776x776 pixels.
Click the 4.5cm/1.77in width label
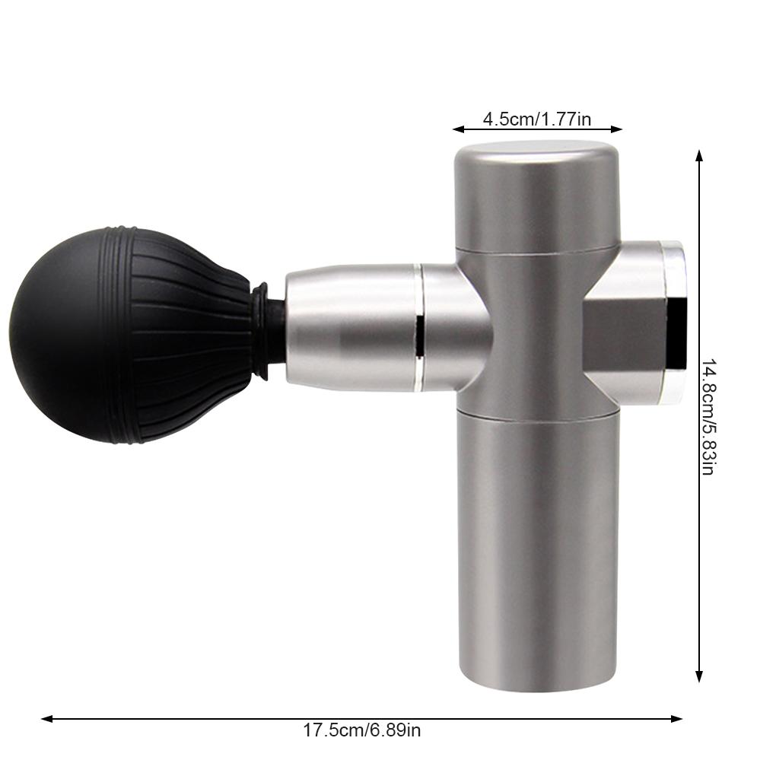(x=536, y=119)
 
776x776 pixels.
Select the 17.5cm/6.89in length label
(x=361, y=731)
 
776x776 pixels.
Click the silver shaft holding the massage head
(x=350, y=327)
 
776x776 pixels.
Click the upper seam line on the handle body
(x=536, y=251)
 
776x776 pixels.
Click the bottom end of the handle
(x=536, y=685)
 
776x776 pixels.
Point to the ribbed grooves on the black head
(x=190, y=335)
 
